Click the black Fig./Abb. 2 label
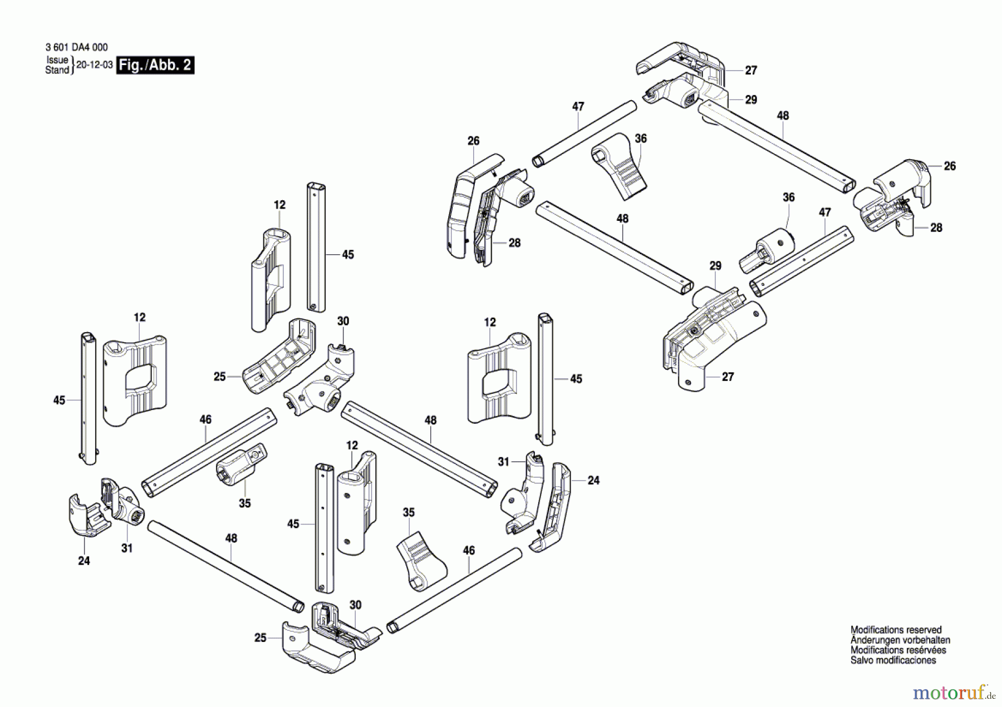[155, 65]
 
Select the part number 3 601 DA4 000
[77, 48]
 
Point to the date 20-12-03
[95, 65]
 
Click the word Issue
[57, 60]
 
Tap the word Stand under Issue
[57, 70]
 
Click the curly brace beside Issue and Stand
[72, 65]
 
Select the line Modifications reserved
[896, 630]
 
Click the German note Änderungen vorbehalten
[900, 640]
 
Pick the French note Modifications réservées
[898, 650]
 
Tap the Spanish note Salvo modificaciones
[893, 660]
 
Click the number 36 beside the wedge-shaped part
[641, 139]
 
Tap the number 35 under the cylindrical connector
[245, 503]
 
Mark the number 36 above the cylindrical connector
[789, 197]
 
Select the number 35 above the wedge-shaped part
[409, 513]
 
